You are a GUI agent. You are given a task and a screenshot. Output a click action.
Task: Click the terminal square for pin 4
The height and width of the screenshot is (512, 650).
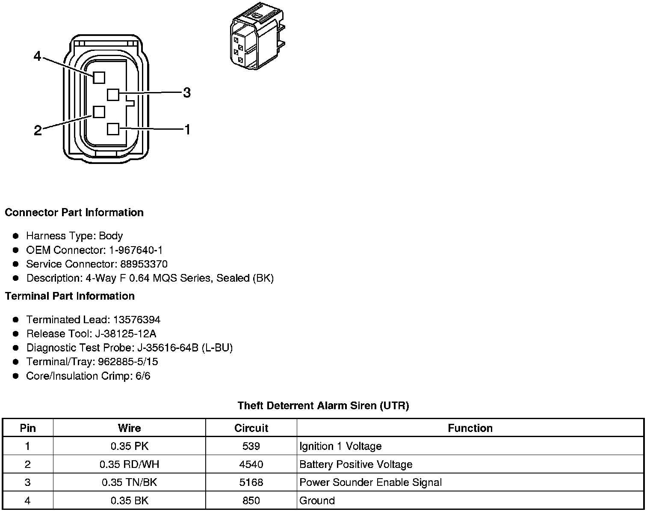[99, 77]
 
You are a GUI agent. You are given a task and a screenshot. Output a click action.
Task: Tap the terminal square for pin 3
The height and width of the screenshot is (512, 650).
[113, 94]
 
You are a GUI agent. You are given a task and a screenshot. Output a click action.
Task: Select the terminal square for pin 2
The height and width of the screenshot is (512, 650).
[99, 112]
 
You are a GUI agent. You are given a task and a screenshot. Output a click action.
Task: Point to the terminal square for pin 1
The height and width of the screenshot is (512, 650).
[113, 129]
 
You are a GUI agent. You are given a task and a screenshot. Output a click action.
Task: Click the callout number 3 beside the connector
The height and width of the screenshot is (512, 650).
[187, 92]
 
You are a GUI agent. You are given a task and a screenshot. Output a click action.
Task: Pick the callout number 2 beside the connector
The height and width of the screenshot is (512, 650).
[38, 131]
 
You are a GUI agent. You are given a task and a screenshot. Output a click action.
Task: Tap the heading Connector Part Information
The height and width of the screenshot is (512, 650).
[74, 213]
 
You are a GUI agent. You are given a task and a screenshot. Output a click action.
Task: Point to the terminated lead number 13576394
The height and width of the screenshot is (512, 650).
[137, 320]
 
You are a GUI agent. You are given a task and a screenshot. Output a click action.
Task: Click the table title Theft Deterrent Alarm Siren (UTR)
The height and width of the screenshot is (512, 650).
[323, 405]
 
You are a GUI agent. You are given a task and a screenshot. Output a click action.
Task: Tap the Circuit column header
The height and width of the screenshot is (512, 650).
[251, 428]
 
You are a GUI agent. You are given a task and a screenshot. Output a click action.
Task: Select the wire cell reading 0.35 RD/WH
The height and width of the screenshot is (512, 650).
[129, 464]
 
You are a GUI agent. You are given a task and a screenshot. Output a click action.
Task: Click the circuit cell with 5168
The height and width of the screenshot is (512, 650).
[251, 482]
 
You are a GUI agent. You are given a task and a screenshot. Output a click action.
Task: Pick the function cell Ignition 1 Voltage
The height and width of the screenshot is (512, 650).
[340, 447]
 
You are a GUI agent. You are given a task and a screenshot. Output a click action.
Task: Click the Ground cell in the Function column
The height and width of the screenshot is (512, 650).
[317, 500]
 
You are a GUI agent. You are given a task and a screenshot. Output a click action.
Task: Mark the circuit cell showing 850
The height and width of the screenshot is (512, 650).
[251, 500]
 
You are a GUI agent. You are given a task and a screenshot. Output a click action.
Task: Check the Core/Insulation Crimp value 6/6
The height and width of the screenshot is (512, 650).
[142, 376]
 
